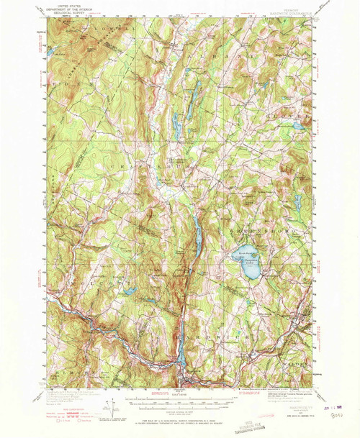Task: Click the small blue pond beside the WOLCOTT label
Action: [x=130, y=291]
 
